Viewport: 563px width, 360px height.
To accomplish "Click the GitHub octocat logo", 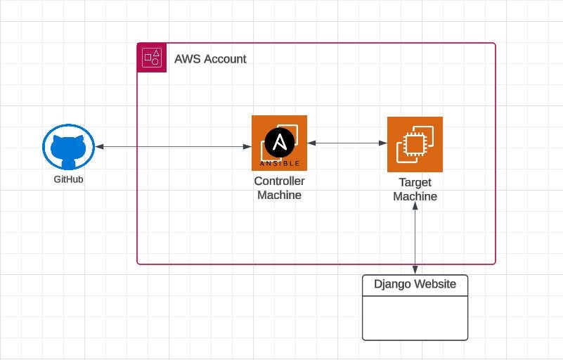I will (68, 148).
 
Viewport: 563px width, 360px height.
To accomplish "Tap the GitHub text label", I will (68, 180).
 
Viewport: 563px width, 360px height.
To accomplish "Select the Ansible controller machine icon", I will (279, 143).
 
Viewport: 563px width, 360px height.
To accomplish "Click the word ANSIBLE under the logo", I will (280, 163).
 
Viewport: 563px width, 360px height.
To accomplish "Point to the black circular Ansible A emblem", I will (279, 143).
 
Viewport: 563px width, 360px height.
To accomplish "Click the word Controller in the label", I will (279, 181).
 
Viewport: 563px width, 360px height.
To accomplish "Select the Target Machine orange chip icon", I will (415, 144).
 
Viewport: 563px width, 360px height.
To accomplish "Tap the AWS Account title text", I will (210, 59).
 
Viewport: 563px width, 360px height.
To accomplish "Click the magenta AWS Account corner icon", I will (152, 58).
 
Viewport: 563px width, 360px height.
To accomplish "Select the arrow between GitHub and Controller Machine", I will (174, 146).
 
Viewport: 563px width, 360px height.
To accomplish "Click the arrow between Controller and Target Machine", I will (347, 143).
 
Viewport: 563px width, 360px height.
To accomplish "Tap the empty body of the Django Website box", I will (415, 318).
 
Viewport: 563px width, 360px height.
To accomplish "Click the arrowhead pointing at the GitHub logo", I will (100, 146).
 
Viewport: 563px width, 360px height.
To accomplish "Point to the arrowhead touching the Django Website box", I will (415, 270).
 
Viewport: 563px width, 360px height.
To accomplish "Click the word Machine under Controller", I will (279, 195).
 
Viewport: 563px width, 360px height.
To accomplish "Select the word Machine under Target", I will (415, 197).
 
